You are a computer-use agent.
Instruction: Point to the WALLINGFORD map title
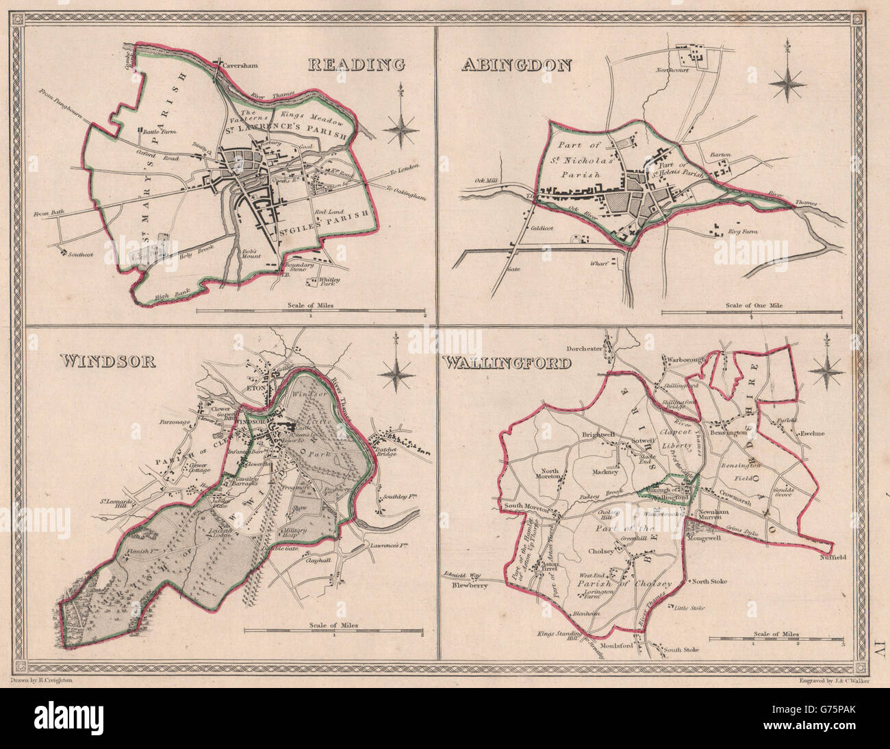coord(507,360)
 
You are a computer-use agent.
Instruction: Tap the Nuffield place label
coord(832,556)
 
